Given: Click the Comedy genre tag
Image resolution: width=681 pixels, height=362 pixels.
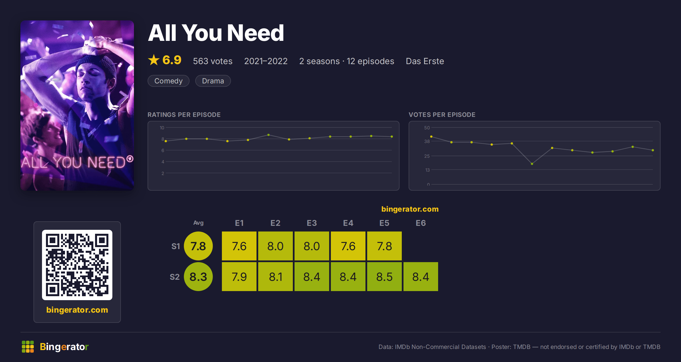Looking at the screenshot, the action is click(x=168, y=81).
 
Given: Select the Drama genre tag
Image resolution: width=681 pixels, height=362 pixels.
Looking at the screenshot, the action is click(x=213, y=81).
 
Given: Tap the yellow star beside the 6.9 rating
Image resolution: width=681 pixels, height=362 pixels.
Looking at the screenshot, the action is click(x=154, y=60).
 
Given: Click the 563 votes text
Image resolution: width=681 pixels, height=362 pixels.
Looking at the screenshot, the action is click(x=213, y=61).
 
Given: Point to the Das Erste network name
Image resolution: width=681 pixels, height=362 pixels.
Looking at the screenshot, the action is click(x=425, y=61).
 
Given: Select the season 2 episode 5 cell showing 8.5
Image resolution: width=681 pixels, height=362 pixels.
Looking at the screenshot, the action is click(x=384, y=277).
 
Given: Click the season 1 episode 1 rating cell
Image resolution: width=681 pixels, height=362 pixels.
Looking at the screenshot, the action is click(x=239, y=246).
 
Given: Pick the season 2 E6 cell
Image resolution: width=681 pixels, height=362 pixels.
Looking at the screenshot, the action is click(x=421, y=277).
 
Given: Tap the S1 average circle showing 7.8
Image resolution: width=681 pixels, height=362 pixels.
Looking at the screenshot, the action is click(x=198, y=246).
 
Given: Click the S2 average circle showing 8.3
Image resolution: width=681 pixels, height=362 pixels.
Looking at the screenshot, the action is click(x=198, y=277).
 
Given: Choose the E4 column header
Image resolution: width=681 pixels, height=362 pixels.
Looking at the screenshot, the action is click(x=348, y=223).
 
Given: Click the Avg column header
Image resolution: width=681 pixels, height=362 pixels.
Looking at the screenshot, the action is click(x=198, y=223).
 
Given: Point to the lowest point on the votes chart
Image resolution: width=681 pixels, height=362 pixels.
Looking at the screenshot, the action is click(x=532, y=164).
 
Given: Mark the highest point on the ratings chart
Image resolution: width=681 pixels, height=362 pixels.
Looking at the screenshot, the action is click(x=268, y=135).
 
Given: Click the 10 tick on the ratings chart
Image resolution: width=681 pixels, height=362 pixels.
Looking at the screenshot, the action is click(x=162, y=128).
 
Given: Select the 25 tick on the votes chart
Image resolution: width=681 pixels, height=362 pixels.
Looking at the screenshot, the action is click(x=427, y=156).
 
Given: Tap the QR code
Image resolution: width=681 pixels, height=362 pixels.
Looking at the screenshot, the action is click(x=77, y=265).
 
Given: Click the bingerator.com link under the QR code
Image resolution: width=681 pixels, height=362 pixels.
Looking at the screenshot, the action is click(x=77, y=310).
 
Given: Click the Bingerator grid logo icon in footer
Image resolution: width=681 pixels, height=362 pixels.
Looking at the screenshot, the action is click(x=28, y=347).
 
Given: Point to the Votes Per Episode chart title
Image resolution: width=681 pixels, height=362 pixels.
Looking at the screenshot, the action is click(x=442, y=115).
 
